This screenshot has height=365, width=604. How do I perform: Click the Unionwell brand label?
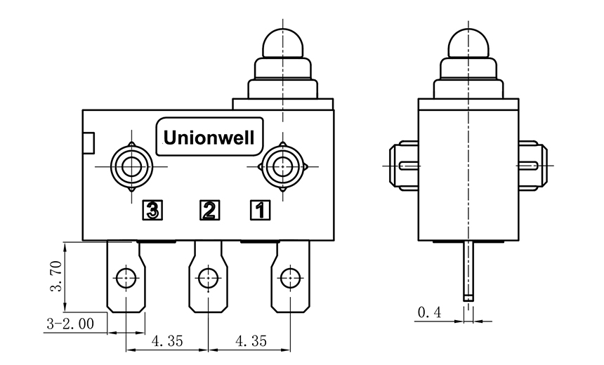click(x=209, y=134)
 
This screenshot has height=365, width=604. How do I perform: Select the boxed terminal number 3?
click(x=153, y=209)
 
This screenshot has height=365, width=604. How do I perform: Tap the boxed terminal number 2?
click(x=209, y=209)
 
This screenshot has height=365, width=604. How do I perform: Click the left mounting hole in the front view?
click(x=131, y=166)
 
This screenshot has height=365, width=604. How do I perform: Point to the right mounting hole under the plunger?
click(x=282, y=166)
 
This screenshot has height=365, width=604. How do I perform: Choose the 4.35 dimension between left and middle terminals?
click(x=166, y=341)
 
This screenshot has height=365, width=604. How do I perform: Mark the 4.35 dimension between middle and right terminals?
click(x=249, y=341)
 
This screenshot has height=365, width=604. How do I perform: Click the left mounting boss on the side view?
click(x=404, y=166)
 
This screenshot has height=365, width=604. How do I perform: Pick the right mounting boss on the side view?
click(x=532, y=166)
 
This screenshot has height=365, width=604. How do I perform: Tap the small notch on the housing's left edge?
click(x=88, y=143)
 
